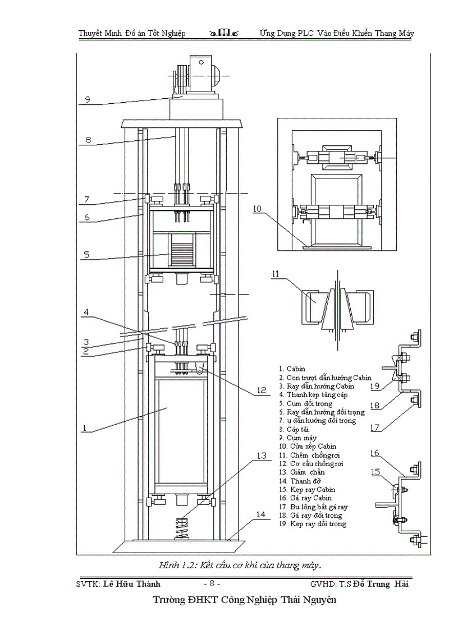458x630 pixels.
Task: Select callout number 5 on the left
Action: tap(86, 255)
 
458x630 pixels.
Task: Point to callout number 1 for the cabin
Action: tap(84, 427)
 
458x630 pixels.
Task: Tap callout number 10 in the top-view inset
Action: tap(257, 209)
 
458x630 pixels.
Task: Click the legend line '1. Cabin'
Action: tap(292, 369)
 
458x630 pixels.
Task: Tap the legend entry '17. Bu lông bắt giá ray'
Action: tap(312, 507)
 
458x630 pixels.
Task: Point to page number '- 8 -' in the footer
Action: tap(216, 583)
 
